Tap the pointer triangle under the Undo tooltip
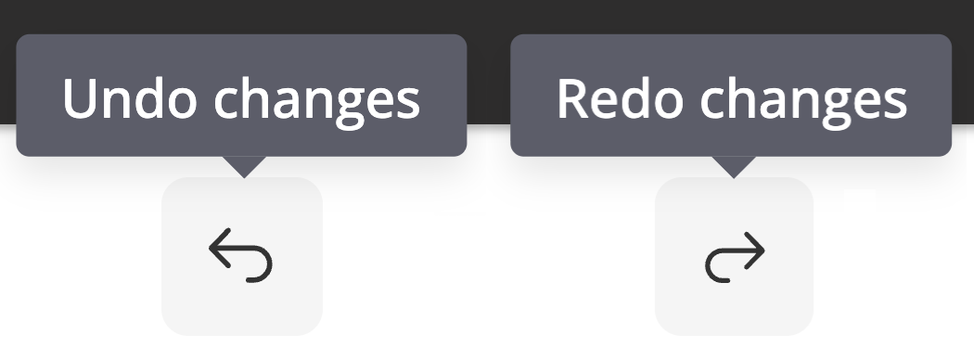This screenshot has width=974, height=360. coord(244,167)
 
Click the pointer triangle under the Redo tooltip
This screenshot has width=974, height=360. coord(734,167)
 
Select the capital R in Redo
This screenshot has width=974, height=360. coord(572,98)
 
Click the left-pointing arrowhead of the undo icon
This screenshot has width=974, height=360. coord(220,248)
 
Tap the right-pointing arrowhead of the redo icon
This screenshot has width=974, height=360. coord(755,251)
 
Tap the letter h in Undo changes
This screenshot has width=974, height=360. coord(256,98)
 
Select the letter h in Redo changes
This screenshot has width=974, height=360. coord(743,98)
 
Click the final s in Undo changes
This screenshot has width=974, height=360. coord(409,104)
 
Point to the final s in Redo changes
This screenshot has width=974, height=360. coord(896,104)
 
